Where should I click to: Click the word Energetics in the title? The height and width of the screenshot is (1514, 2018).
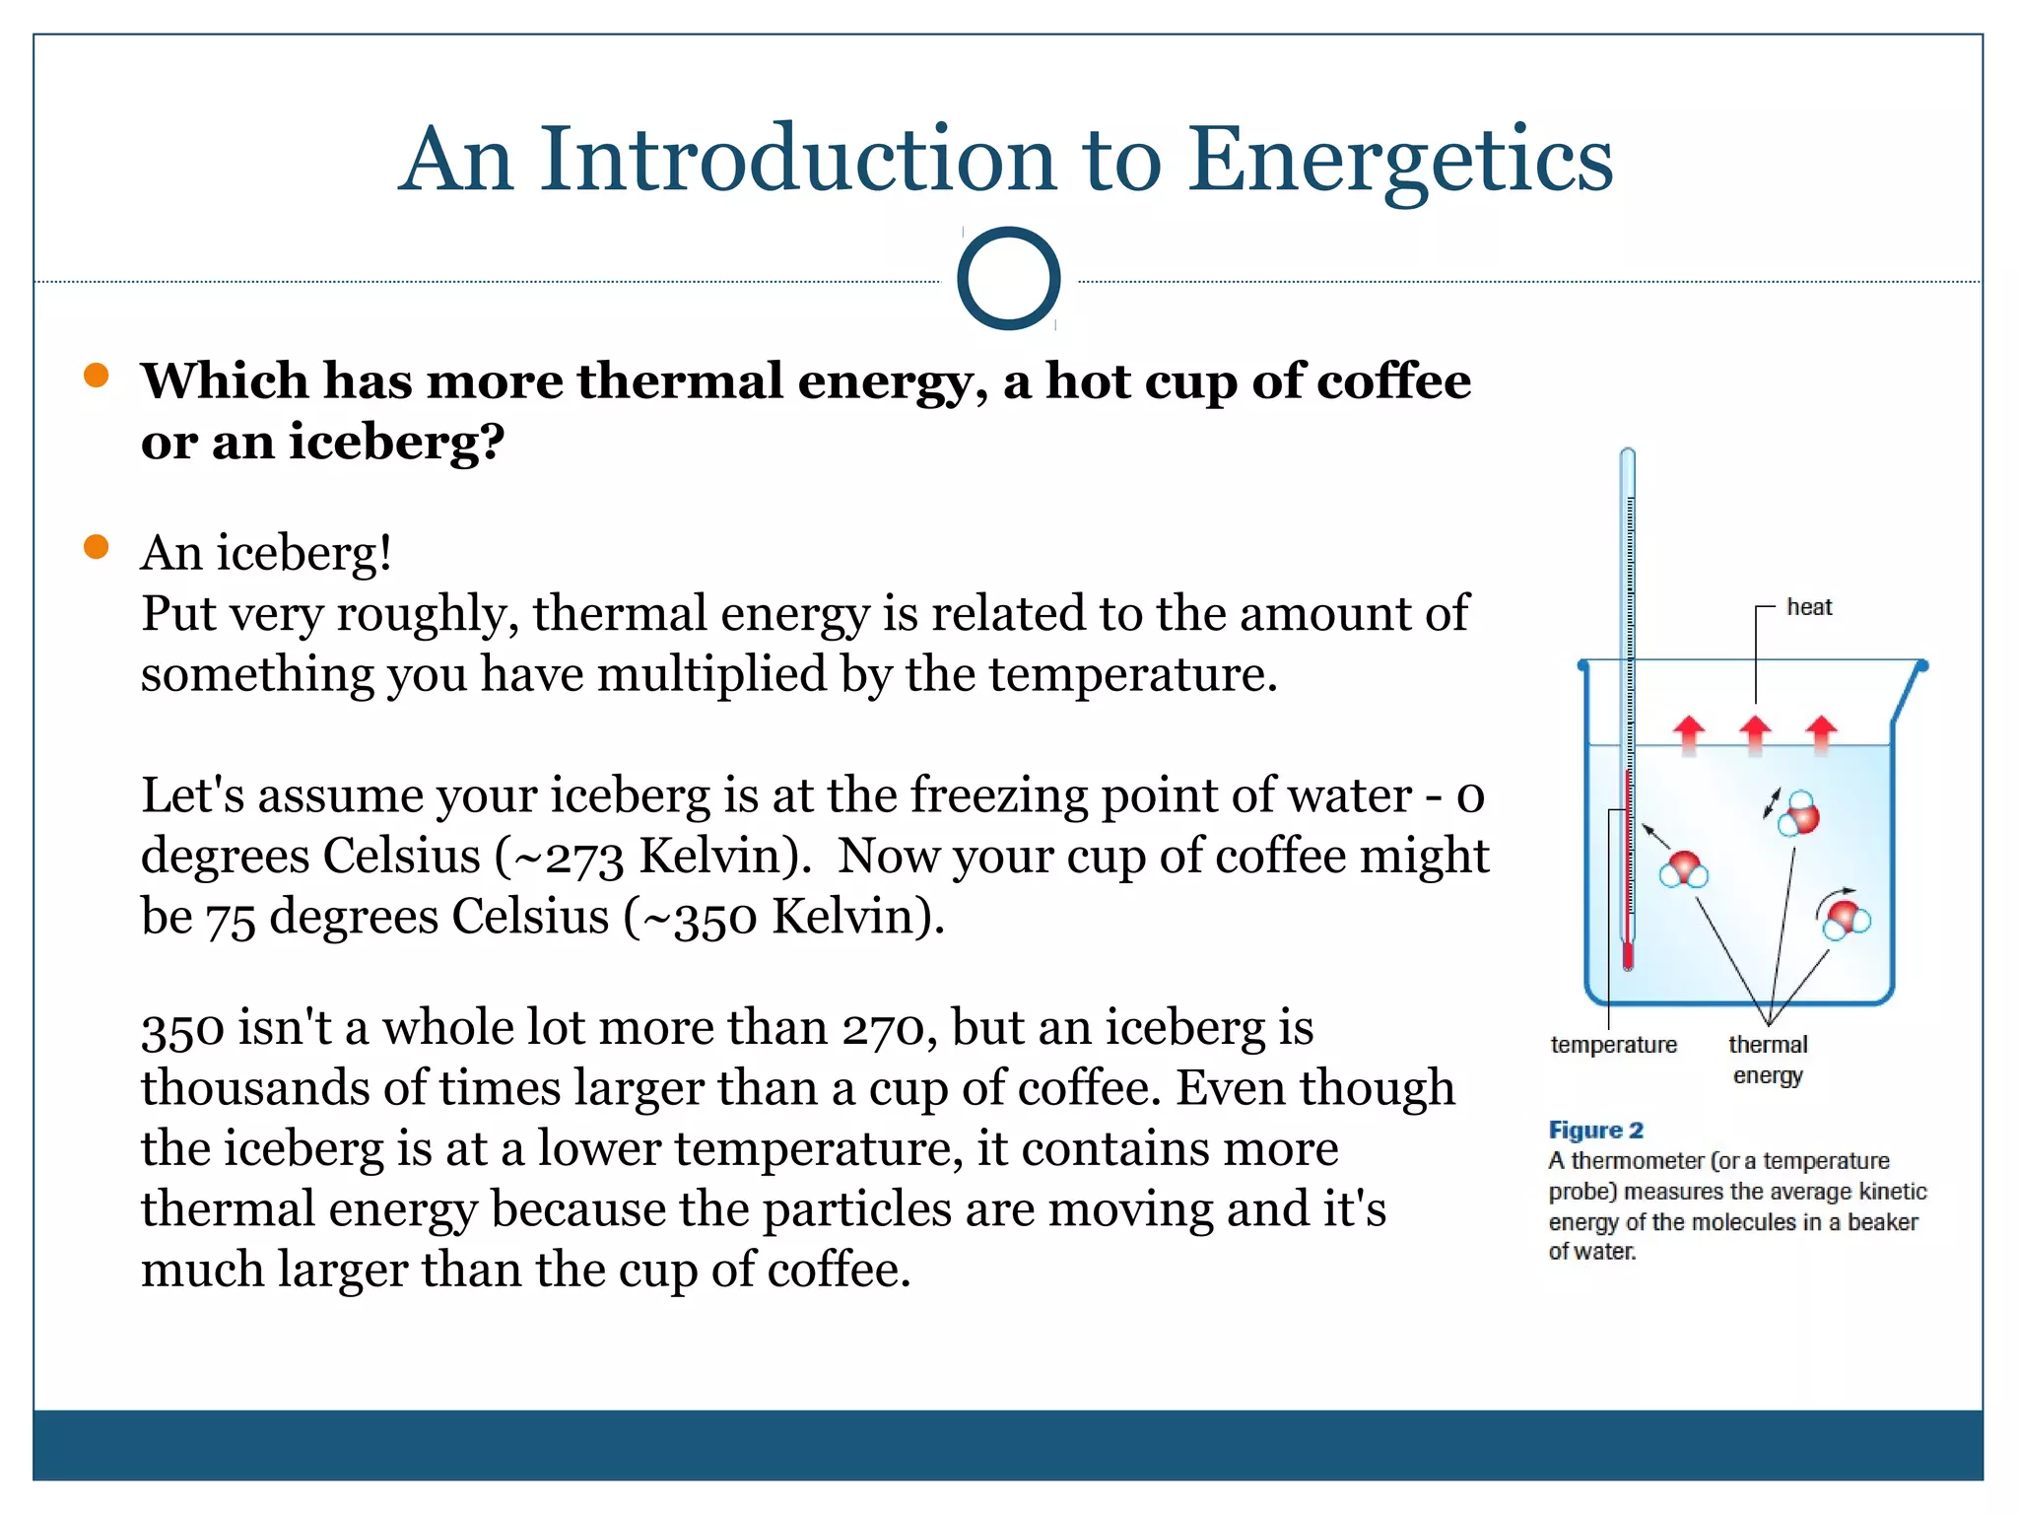coord(1399,160)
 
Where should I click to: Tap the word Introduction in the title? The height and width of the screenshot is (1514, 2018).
coord(798,160)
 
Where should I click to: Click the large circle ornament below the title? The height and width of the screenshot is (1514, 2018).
coord(1008,279)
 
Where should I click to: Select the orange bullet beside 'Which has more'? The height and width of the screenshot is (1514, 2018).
coord(97,376)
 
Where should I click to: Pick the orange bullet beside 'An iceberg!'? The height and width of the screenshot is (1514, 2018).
coord(97,547)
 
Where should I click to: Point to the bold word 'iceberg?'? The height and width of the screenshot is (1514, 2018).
coord(396,442)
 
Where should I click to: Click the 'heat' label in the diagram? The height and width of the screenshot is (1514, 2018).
coord(1809,607)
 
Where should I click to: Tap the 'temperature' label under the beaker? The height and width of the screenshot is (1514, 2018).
coord(1613,1045)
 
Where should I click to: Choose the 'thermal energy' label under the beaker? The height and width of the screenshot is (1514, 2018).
coord(1768,1059)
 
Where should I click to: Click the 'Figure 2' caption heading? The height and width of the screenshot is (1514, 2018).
coord(1595,1130)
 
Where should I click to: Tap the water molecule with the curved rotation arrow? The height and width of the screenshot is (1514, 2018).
coord(1845,917)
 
